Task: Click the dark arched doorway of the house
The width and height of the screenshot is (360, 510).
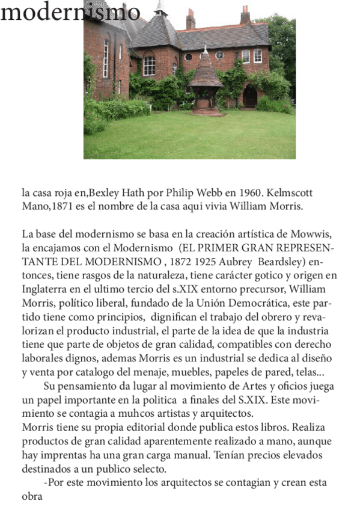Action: [250, 96]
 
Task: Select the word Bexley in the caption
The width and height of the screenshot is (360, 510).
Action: [105, 194]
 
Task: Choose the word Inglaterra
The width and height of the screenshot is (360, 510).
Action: [44, 290]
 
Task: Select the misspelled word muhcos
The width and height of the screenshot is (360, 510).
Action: [113, 414]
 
